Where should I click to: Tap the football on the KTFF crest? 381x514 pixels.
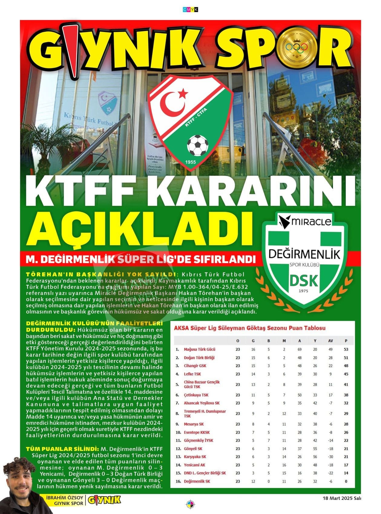[x=197, y=145]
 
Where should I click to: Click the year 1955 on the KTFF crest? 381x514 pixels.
[x=191, y=162]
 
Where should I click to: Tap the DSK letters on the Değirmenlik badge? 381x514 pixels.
[x=304, y=281]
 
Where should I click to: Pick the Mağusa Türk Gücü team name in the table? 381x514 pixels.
[x=199, y=349]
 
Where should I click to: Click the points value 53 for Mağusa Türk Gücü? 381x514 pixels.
[x=346, y=349]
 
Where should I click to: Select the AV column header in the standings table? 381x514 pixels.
[x=330, y=341]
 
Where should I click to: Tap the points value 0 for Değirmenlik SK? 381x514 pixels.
[x=346, y=481]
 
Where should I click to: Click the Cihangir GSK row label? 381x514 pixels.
[x=195, y=366]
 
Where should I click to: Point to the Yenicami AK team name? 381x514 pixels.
[x=194, y=465]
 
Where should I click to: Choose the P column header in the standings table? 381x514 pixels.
[x=346, y=341]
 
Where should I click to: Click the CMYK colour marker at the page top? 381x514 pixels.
[x=190, y=10]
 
